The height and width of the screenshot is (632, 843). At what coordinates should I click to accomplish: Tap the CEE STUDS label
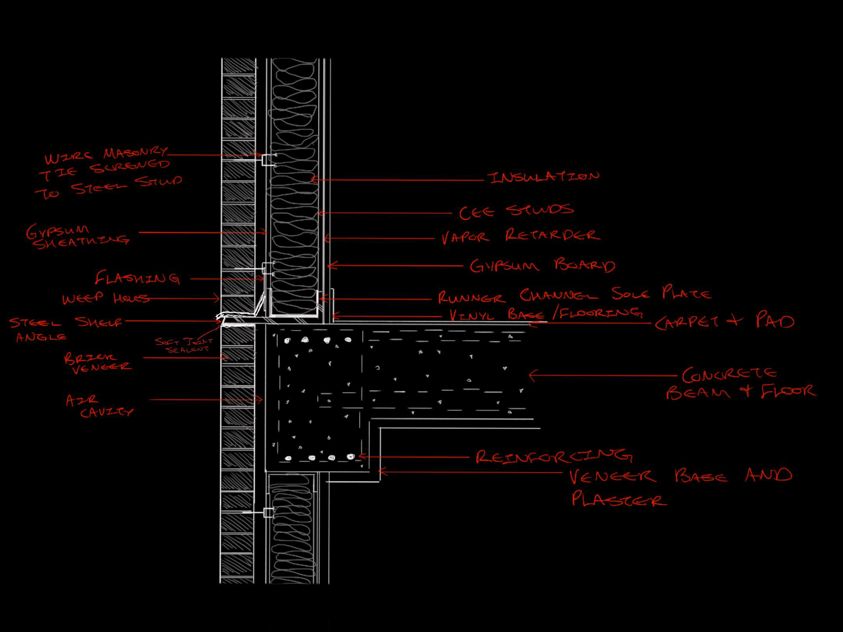516,211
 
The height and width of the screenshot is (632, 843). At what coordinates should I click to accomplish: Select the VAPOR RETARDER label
521,236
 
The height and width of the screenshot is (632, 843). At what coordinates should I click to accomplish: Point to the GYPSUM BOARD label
542,266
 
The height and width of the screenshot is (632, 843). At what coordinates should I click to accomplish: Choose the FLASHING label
137,278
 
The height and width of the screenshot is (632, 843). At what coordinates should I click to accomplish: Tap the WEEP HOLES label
105,298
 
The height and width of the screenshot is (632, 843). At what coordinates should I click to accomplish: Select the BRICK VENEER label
97,363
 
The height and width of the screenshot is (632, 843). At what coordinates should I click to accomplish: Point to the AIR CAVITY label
99,406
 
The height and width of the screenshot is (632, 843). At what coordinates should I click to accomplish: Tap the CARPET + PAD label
724,321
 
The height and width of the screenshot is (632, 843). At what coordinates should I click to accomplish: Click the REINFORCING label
554,456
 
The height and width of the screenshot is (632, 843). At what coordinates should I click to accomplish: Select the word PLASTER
619,499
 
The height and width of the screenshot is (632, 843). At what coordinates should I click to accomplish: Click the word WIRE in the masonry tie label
68,158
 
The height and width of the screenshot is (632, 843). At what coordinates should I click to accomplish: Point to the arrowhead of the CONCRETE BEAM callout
532,376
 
